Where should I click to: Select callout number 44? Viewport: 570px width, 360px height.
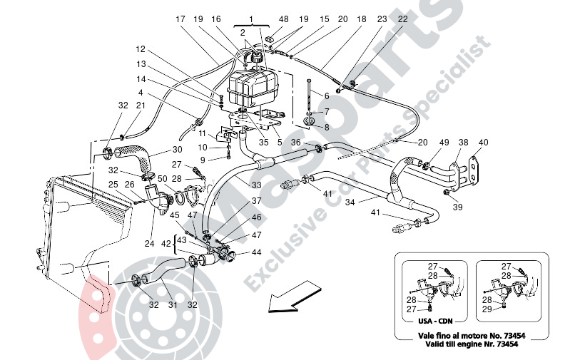(257, 253)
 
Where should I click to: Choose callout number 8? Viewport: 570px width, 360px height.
(327, 127)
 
